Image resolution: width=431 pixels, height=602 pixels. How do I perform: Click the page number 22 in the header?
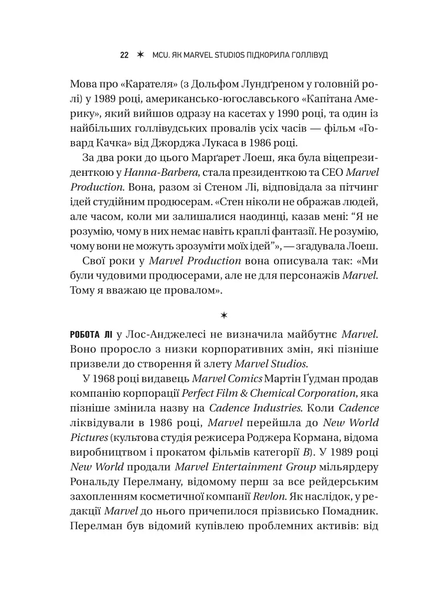point(124,55)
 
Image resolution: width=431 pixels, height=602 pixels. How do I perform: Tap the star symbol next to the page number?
point(139,55)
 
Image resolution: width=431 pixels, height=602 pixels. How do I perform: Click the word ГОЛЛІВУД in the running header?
point(303,55)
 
